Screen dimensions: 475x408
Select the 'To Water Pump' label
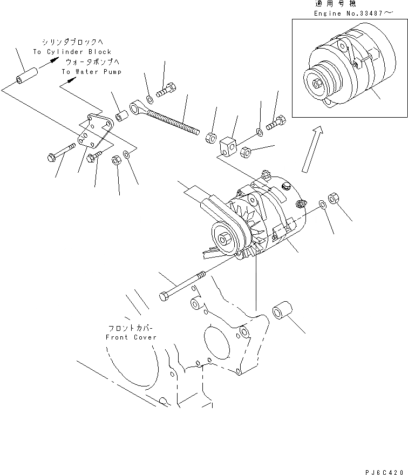(91, 71)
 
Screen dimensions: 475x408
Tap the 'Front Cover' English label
(131, 337)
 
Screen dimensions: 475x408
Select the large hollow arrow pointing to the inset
(312, 148)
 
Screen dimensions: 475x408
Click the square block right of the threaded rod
(228, 145)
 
